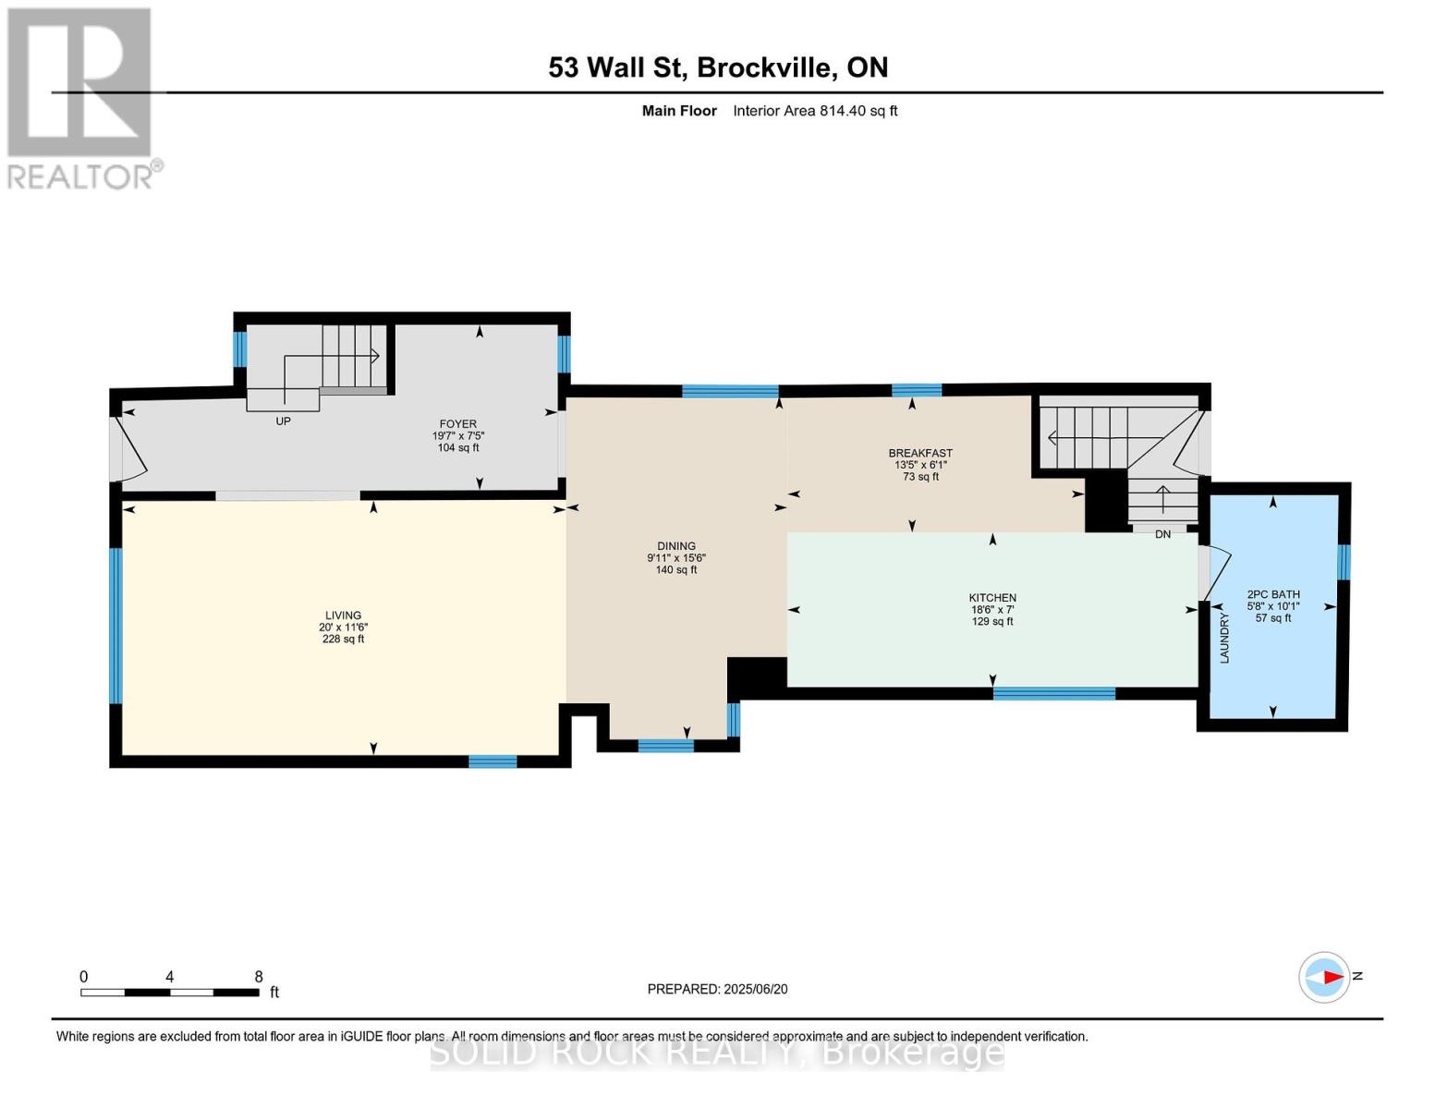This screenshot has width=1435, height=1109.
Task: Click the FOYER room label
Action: point(458,424)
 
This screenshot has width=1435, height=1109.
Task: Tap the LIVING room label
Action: point(343,615)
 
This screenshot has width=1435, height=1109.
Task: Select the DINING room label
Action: point(676,546)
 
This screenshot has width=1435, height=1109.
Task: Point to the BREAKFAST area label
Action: point(920,453)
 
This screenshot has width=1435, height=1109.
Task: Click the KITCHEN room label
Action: point(992,598)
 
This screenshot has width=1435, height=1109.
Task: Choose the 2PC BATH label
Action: point(1273,594)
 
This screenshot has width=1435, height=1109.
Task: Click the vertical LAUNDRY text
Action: point(1224,639)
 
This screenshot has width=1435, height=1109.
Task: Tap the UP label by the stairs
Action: point(284,421)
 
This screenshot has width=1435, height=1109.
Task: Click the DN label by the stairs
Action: point(1162,534)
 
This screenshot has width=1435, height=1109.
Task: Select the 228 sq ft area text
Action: point(343,640)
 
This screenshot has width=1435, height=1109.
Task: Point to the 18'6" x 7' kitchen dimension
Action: point(992,610)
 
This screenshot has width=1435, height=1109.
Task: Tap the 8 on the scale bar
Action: point(259,977)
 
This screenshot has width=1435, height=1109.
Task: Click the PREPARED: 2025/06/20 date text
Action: point(717,989)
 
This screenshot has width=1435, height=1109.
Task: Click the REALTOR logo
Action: point(81,97)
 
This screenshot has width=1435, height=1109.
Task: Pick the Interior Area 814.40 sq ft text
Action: point(815,111)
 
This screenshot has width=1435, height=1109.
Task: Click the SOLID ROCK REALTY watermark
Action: point(717,1053)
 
